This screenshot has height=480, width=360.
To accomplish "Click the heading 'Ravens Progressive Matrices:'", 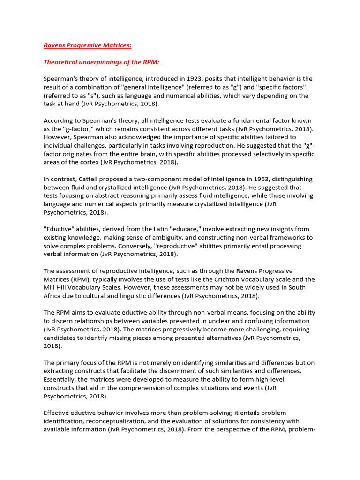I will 87,45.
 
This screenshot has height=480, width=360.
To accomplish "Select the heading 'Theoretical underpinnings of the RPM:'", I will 101,62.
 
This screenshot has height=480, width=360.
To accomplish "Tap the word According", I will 59,120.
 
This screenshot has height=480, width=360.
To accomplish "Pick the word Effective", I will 57,413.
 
